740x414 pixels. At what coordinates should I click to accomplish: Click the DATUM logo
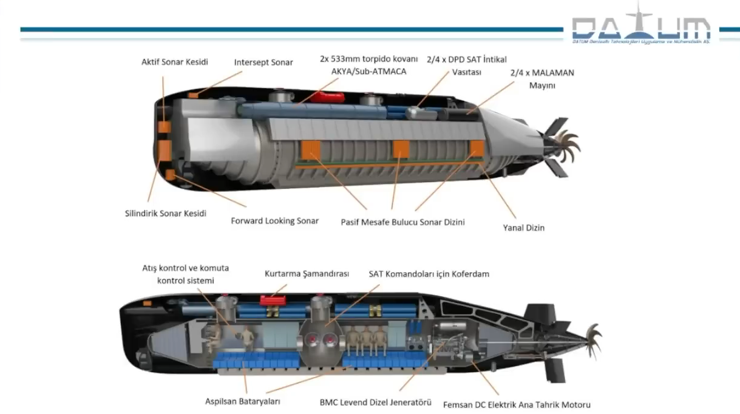641,27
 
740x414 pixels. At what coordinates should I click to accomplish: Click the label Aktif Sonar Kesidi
174,62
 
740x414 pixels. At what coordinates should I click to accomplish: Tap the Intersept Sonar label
263,63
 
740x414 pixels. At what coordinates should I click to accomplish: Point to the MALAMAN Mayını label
542,79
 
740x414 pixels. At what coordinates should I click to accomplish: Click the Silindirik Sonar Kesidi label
165,213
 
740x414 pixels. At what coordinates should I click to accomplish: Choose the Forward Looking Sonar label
274,221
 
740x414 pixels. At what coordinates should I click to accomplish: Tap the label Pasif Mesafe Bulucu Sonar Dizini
402,222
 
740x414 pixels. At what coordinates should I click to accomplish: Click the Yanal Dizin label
523,228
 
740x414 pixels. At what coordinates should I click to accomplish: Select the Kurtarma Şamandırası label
307,274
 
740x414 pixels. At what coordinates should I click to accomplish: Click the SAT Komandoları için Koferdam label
429,274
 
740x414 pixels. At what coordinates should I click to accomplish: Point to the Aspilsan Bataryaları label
242,401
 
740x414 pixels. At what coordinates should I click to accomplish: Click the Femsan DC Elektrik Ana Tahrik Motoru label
517,404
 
